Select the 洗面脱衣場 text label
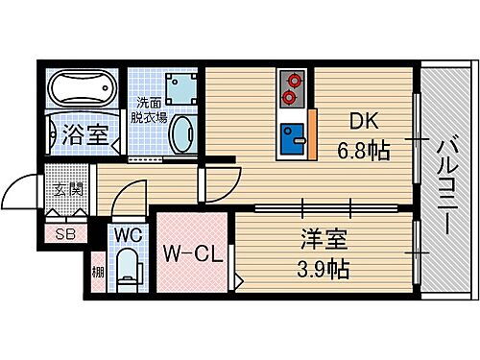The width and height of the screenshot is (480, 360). click(151, 109)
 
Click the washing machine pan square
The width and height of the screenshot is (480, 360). click(179, 88)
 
